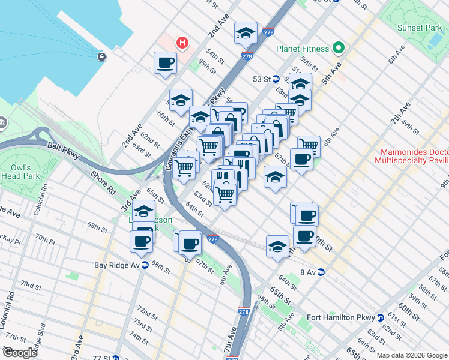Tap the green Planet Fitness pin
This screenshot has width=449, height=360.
coord(339,49)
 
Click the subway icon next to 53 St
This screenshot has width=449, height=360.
coord(276,79)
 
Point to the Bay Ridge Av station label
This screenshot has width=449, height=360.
coord(116,265)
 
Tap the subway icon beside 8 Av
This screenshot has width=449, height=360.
coord(321,272)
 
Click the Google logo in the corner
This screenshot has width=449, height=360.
coord(20,353)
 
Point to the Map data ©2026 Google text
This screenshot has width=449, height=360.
coord(412,355)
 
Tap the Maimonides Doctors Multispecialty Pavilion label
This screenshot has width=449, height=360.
coord(411,157)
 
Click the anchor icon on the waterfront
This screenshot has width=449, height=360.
coord(101,57)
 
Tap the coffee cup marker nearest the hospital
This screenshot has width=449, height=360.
coord(165,62)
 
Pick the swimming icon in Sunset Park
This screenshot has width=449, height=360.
coord(433,40)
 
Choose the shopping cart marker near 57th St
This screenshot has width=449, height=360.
coord(308,145)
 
